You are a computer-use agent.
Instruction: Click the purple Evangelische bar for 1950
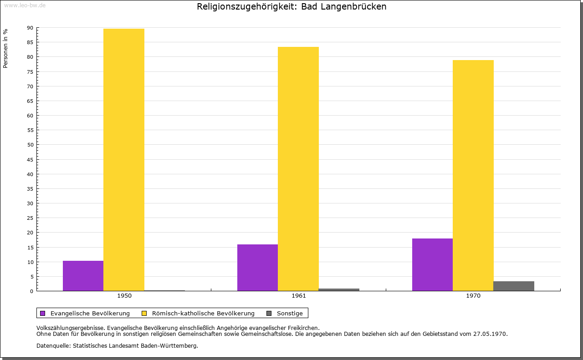click(x=83, y=276)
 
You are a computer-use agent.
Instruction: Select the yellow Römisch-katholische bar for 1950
click(x=124, y=160)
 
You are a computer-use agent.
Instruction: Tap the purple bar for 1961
click(x=257, y=268)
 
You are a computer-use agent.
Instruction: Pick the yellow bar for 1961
click(x=298, y=169)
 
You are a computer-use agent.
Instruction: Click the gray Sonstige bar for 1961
click(x=339, y=289)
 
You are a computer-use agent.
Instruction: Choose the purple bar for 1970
click(x=432, y=264)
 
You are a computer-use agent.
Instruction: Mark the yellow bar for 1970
click(x=473, y=175)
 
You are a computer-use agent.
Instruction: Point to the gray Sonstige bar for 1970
click(x=514, y=286)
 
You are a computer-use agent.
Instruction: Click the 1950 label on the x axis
click(x=124, y=296)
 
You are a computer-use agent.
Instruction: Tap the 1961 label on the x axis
click(x=299, y=296)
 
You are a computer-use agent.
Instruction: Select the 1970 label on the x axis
click(x=473, y=296)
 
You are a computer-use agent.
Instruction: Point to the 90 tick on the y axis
click(x=30, y=28)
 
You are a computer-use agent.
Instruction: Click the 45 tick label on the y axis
click(x=30, y=160)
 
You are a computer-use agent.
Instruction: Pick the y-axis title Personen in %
click(x=5, y=48)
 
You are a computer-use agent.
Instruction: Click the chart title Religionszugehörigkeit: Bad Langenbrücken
click(x=291, y=7)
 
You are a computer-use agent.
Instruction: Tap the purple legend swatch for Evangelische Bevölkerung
click(x=43, y=313)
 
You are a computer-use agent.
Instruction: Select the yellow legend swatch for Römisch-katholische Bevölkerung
click(x=144, y=313)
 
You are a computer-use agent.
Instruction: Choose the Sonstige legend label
click(x=290, y=313)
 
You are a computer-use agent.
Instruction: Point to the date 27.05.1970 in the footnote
click(x=490, y=334)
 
